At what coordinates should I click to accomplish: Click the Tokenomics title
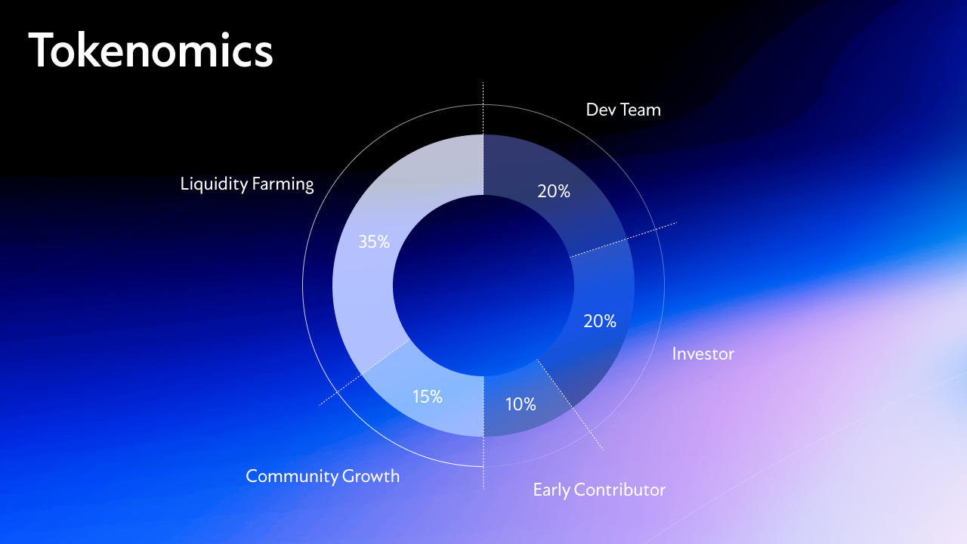[150, 50]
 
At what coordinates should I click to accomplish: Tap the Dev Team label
[623, 110]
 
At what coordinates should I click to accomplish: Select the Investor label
[703, 354]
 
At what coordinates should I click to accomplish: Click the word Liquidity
[214, 184]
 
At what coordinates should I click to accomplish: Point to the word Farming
[283, 184]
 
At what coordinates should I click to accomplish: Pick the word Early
[551, 490]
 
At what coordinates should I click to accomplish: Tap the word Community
[292, 477]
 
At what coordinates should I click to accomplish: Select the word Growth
[371, 476]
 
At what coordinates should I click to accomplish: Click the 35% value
[374, 242]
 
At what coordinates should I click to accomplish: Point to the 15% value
[428, 397]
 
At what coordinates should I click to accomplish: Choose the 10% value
[521, 404]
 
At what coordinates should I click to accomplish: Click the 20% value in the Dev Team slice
[554, 191]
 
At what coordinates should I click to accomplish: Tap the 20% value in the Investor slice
[600, 321]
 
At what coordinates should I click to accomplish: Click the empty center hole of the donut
[483, 286]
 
